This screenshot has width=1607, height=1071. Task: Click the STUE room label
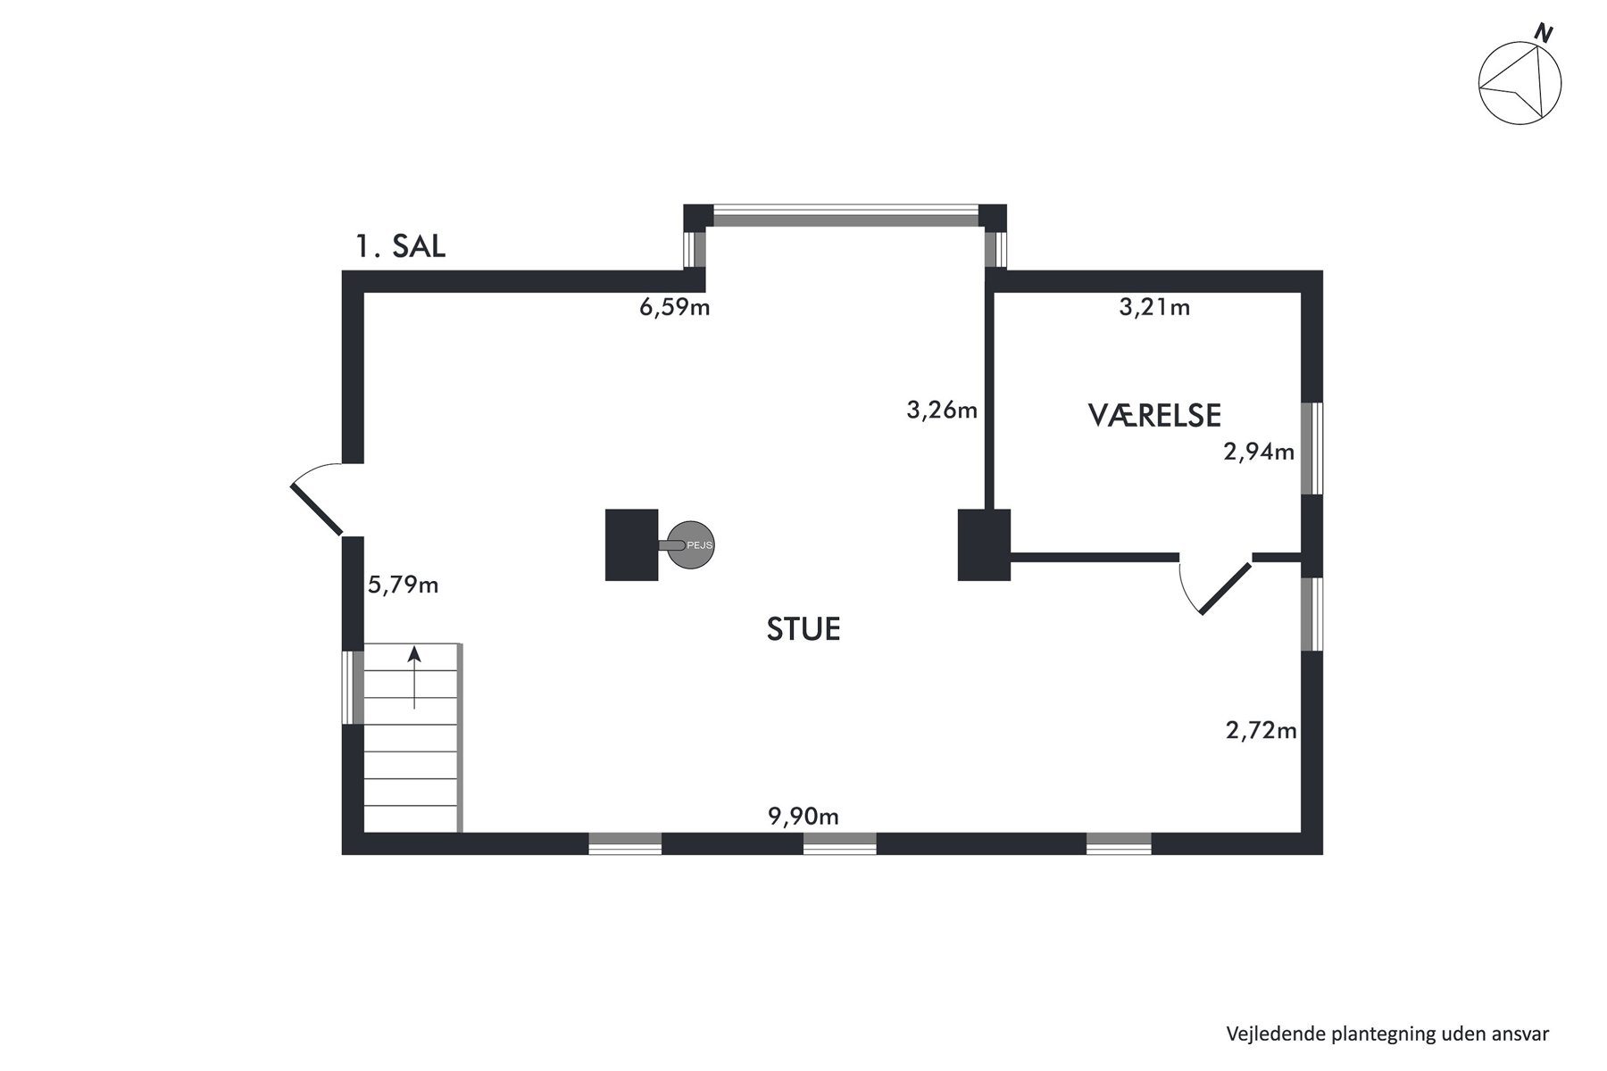pyautogui.click(x=803, y=629)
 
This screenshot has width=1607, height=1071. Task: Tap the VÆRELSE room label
pyautogui.click(x=1154, y=415)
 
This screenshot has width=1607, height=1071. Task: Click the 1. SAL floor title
pyautogui.click(x=401, y=245)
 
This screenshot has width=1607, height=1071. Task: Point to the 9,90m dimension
pyautogui.click(x=803, y=816)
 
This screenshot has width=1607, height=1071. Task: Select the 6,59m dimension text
pyautogui.click(x=675, y=309)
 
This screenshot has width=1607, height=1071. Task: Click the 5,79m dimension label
pyautogui.click(x=404, y=585)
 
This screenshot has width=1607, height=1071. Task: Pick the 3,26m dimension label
pyautogui.click(x=942, y=411)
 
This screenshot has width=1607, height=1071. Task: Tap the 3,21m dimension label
pyautogui.click(x=1154, y=308)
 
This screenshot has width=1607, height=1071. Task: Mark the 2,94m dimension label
pyautogui.click(x=1259, y=452)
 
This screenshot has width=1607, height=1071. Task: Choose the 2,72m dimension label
pyautogui.click(x=1261, y=732)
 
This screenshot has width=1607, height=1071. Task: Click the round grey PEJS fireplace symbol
pyautogui.click(x=692, y=544)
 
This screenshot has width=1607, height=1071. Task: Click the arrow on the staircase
pyautogui.click(x=414, y=678)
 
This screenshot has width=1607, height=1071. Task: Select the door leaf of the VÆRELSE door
pyautogui.click(x=1226, y=589)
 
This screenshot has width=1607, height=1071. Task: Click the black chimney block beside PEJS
pyautogui.click(x=631, y=544)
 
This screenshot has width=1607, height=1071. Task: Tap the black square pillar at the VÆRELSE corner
pyautogui.click(x=984, y=544)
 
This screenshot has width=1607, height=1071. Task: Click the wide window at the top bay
pyautogui.click(x=845, y=217)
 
